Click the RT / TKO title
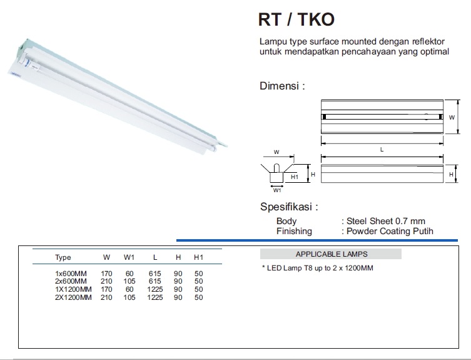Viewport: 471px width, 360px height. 296,19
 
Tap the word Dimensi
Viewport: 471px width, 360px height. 280,86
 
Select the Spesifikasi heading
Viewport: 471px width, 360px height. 286,207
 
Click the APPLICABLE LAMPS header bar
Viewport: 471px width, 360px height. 331,254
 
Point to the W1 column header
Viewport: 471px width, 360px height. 129,257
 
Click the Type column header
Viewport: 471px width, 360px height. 63,258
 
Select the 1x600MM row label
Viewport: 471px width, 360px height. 71,274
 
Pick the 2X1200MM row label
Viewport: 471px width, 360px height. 73,297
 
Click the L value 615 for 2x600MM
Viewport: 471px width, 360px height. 154,281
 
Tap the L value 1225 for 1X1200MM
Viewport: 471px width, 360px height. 155,289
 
